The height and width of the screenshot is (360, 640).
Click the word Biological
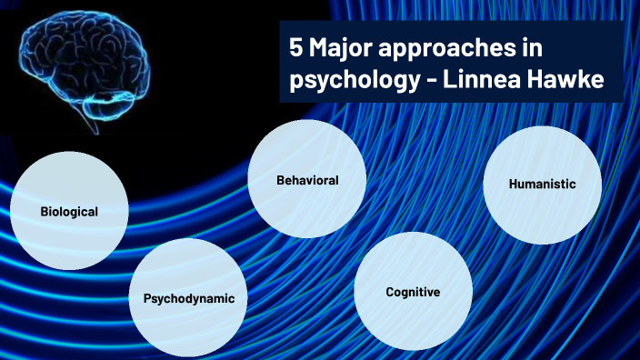(x=69, y=212)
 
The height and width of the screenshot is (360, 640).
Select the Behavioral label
(x=307, y=180)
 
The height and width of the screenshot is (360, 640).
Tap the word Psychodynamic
(x=189, y=298)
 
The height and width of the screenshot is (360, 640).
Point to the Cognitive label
(x=413, y=292)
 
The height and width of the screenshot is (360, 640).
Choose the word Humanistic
(x=542, y=184)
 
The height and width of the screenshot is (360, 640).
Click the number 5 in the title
(x=296, y=47)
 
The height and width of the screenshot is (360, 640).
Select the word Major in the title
(x=340, y=49)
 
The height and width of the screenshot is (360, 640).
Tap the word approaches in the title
(x=447, y=49)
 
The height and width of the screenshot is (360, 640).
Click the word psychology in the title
(x=355, y=80)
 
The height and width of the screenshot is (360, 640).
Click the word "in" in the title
(x=532, y=47)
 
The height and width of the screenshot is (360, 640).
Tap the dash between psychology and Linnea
(x=432, y=80)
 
